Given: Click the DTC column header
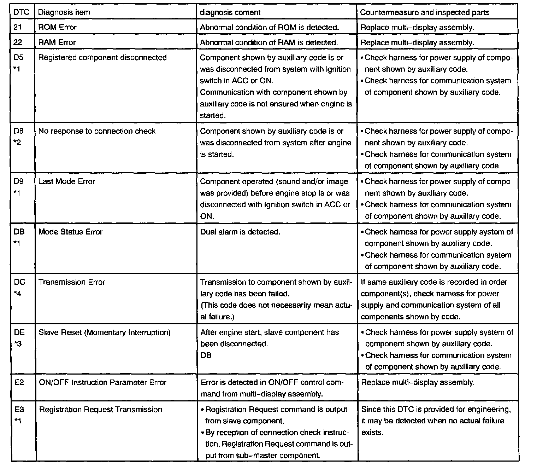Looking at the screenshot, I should click(x=21, y=12).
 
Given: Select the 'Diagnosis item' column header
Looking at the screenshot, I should click(x=64, y=12).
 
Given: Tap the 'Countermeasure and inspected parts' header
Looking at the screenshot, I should click(x=425, y=12).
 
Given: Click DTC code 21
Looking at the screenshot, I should click(x=18, y=27).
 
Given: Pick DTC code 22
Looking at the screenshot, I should click(x=18, y=42).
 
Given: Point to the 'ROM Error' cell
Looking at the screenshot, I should click(x=57, y=27).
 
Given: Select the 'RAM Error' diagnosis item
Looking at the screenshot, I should click(x=57, y=42).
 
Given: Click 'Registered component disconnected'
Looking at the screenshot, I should click(x=102, y=57).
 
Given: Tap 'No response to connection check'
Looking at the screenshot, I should click(x=97, y=131).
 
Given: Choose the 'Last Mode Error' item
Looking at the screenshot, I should click(x=67, y=181).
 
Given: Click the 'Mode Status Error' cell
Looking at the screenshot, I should click(x=70, y=232).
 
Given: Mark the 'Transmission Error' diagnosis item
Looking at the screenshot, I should click(x=72, y=282).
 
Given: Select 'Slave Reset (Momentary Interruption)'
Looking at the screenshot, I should click(x=105, y=332).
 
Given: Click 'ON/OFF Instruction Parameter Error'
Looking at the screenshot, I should click(x=102, y=383).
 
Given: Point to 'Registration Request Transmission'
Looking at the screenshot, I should click(x=101, y=410).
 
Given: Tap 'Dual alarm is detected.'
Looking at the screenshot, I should click(x=240, y=232).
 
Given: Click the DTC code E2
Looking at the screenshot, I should click(x=19, y=383).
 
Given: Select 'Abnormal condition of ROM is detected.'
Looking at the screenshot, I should click(x=270, y=27).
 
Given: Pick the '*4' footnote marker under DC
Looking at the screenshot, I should click(x=18, y=294).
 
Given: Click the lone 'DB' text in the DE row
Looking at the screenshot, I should click(x=206, y=355).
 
